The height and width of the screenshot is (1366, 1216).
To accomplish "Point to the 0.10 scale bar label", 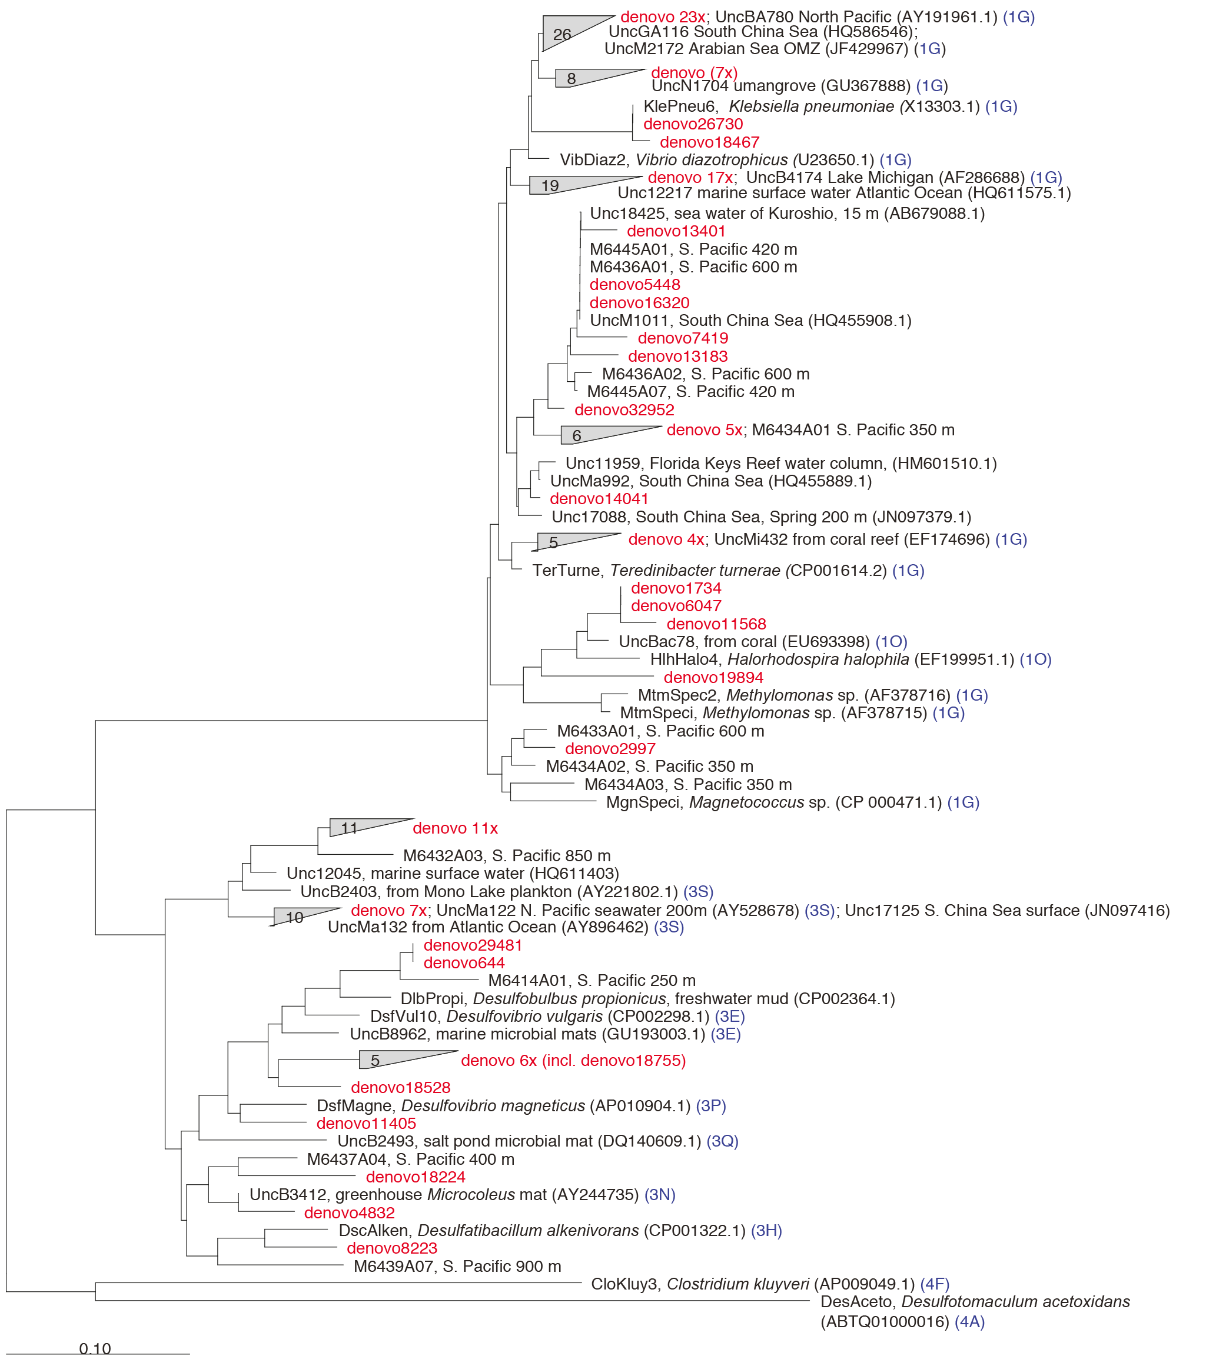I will point(95,1348).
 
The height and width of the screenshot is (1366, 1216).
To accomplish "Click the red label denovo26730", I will point(693,124).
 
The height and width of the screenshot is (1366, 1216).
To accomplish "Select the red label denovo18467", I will point(709,142).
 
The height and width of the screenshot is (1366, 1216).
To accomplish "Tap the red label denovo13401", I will point(676,231).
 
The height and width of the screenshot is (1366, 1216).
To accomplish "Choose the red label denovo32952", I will point(624,409).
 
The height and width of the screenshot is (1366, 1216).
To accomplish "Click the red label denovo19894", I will point(713,677).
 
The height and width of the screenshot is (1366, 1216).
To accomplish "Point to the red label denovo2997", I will point(610,748).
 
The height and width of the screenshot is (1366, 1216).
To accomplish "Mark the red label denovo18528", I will point(400,1087).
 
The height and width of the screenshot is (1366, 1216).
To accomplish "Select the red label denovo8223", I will point(392,1248).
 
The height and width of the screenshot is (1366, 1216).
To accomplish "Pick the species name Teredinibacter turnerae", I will point(695,570).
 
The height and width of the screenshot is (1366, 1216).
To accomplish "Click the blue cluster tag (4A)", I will point(969,1321).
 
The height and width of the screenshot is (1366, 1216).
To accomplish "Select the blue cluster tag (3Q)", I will point(722,1141).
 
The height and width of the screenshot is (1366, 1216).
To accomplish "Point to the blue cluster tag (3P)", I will point(710,1105).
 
